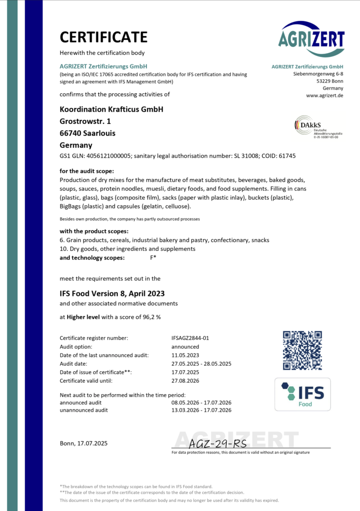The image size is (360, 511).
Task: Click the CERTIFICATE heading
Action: pyautogui.click(x=103, y=37)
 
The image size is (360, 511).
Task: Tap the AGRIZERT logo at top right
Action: pyautogui.click(x=312, y=38)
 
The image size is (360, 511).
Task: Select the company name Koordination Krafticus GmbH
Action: pyautogui.click(x=111, y=109)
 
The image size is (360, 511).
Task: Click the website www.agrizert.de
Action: pyautogui.click(x=325, y=95)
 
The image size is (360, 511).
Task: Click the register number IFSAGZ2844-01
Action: pyautogui.click(x=190, y=338)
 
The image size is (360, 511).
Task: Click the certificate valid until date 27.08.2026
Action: pyautogui.click(x=185, y=380)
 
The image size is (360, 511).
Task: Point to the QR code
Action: pyautogui.click(x=303, y=350)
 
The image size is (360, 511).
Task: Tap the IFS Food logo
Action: pyautogui.click(x=303, y=394)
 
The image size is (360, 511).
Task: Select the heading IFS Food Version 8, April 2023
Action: pyautogui.click(x=112, y=293)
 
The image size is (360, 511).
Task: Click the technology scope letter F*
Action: pyautogui.click(x=153, y=257)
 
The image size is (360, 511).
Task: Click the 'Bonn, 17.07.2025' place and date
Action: pyautogui.click(x=83, y=443)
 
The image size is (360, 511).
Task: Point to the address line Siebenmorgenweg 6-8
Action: pyautogui.click(x=318, y=74)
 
